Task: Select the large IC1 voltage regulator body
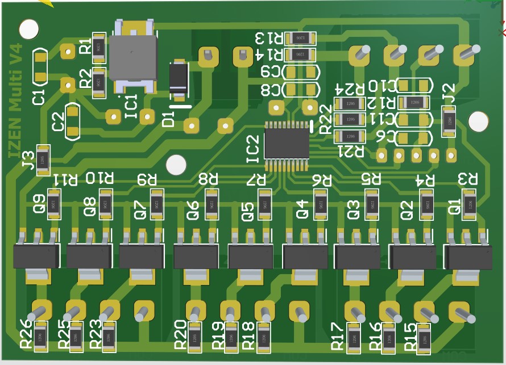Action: click(133, 58)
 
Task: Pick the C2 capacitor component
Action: click(73, 122)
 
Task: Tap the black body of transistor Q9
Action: click(36, 257)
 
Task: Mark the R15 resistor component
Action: click(424, 339)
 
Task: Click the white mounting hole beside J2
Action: click(478, 121)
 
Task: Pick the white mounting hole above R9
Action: click(176, 166)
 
